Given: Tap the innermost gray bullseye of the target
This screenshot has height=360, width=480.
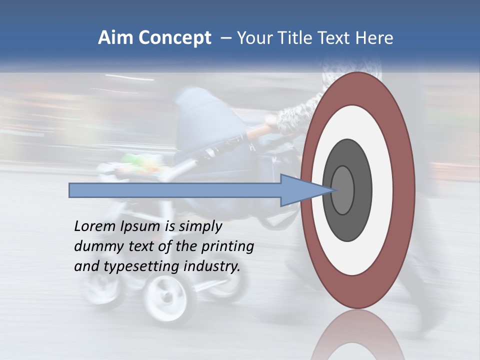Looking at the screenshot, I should tap(342, 190).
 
